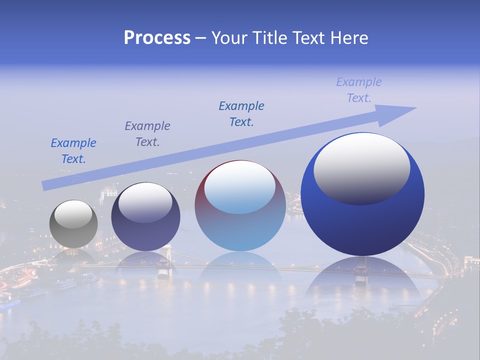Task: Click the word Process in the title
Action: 157,38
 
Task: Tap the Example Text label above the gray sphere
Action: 73,151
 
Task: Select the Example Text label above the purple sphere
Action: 147,134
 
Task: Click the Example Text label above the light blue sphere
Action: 241,114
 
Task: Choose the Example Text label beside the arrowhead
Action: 359,90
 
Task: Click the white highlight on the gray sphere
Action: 73,214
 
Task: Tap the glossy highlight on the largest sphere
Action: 361,169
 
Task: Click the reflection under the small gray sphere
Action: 73,256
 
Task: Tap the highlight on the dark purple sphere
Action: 145,202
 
